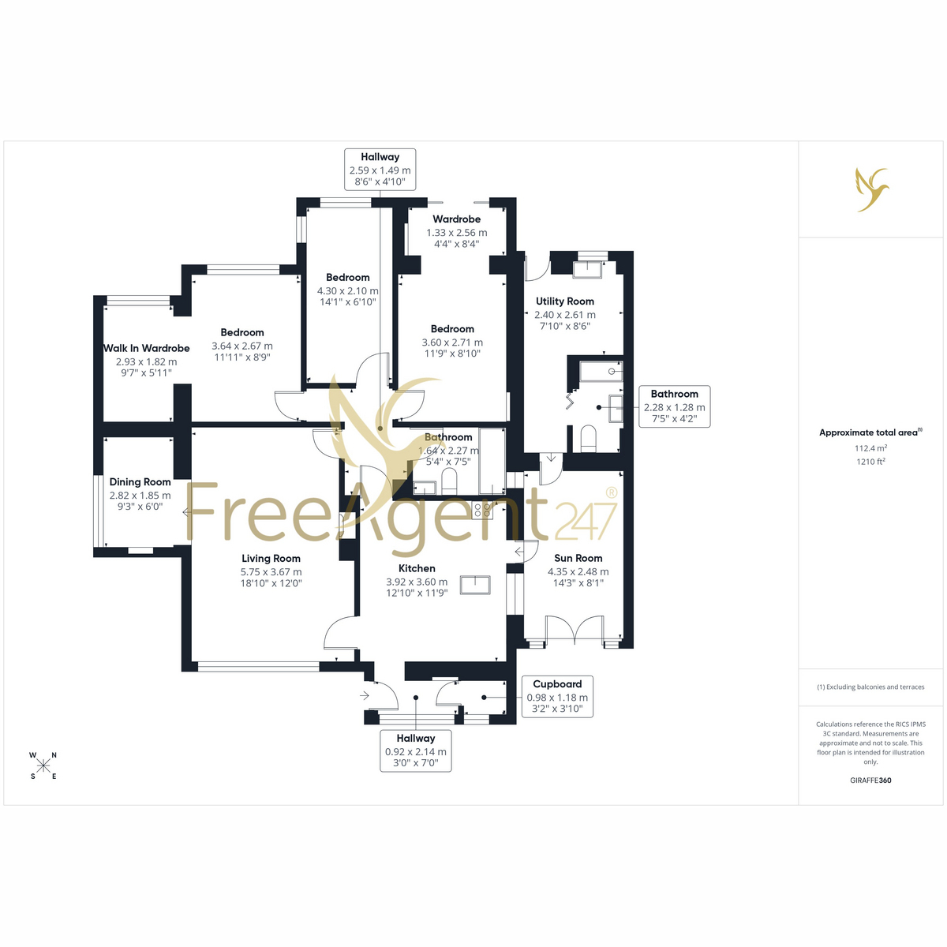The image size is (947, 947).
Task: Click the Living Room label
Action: (x=271, y=558)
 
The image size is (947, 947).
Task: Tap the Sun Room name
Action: (x=578, y=558)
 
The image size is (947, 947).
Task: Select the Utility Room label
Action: (x=565, y=301)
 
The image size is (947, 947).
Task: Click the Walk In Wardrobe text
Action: (x=147, y=349)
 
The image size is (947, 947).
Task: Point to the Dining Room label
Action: (x=140, y=482)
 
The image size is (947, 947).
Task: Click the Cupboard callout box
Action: (x=557, y=696)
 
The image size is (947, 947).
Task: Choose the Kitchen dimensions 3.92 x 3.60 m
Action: (x=417, y=582)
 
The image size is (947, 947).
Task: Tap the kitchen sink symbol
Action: (x=475, y=586)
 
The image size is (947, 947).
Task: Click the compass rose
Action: (x=43, y=765)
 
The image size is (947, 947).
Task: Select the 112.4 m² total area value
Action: (x=870, y=448)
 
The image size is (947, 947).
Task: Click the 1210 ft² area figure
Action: (x=870, y=462)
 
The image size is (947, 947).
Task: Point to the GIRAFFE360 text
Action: (x=870, y=780)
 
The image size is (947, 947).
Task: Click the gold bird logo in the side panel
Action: (x=872, y=189)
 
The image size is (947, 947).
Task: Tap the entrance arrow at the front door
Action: (x=364, y=695)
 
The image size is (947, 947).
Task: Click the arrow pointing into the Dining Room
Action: (x=187, y=513)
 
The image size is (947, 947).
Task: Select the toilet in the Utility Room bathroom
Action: (x=588, y=438)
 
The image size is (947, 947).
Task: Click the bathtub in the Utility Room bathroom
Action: (x=601, y=372)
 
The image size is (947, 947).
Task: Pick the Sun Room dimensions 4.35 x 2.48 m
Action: (x=578, y=571)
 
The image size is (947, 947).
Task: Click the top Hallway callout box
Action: (x=380, y=170)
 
